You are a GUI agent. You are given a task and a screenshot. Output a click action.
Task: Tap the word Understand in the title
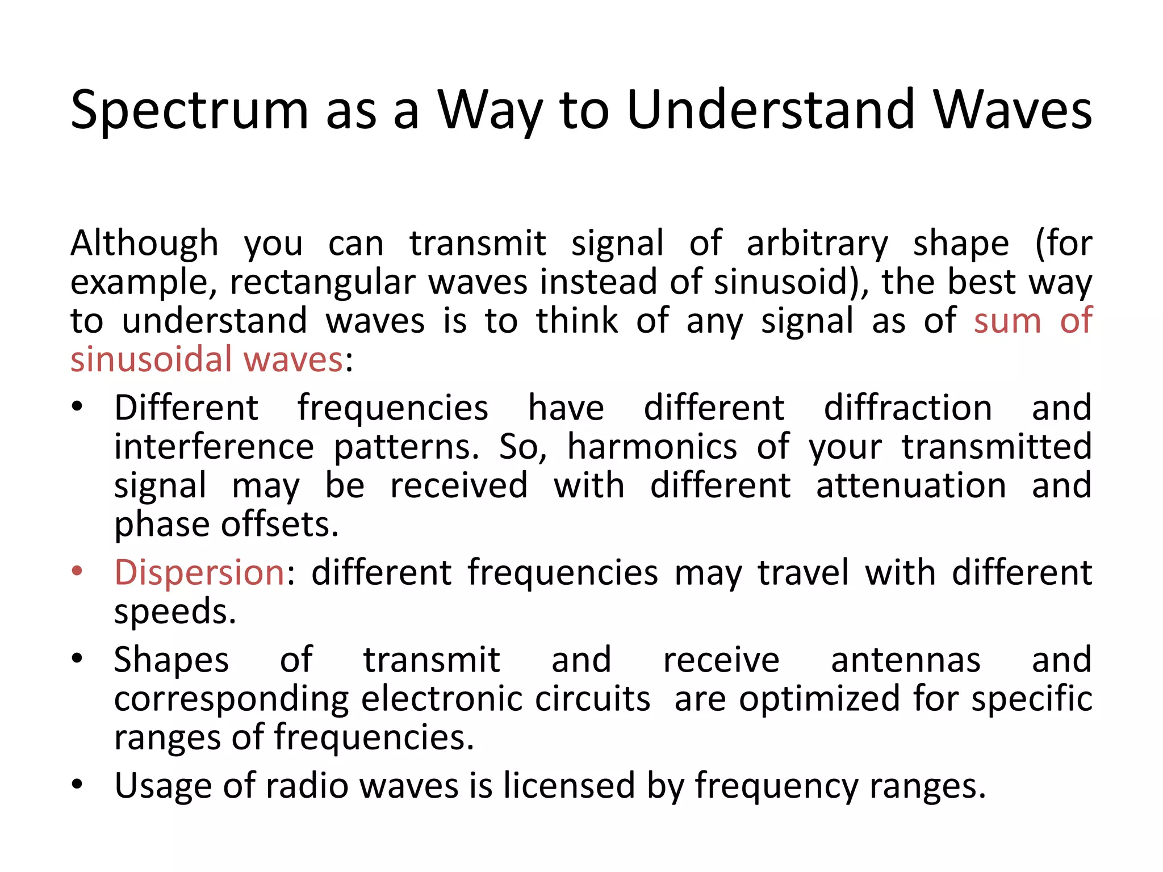771,109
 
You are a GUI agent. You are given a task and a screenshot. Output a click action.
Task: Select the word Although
144,244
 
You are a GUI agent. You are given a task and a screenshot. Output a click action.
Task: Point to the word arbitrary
817,244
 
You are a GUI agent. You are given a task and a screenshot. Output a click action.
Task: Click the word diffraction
907,408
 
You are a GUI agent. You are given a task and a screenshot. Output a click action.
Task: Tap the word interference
214,447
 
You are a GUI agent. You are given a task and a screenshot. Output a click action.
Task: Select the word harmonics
652,447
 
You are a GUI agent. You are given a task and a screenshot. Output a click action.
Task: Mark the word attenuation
911,486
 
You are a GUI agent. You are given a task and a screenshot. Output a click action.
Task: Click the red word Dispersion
199,572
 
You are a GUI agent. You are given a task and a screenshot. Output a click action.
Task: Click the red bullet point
78,571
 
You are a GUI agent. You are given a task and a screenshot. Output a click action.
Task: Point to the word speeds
175,612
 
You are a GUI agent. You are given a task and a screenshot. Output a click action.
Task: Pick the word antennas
906,660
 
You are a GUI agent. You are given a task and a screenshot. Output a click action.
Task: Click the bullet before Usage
78,785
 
